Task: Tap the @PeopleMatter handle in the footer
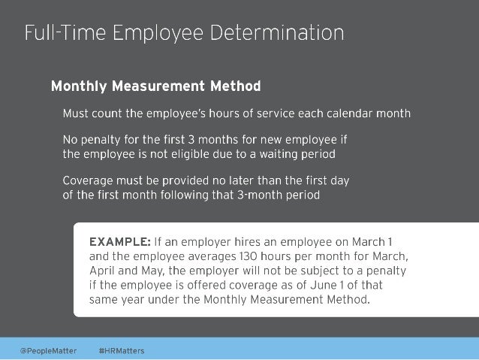click(49, 350)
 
